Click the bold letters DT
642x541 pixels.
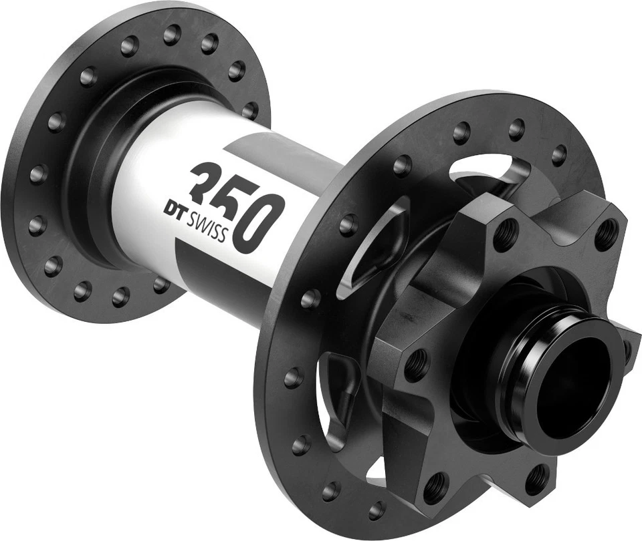[177, 209]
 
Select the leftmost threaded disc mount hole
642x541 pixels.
[416, 364]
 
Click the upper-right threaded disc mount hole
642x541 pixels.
[606, 233]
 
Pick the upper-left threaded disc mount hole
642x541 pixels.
[506, 234]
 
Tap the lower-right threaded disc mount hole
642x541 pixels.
[535, 477]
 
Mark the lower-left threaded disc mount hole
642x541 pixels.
[435, 483]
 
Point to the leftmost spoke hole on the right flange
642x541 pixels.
[293, 378]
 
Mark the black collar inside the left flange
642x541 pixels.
[100, 167]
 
